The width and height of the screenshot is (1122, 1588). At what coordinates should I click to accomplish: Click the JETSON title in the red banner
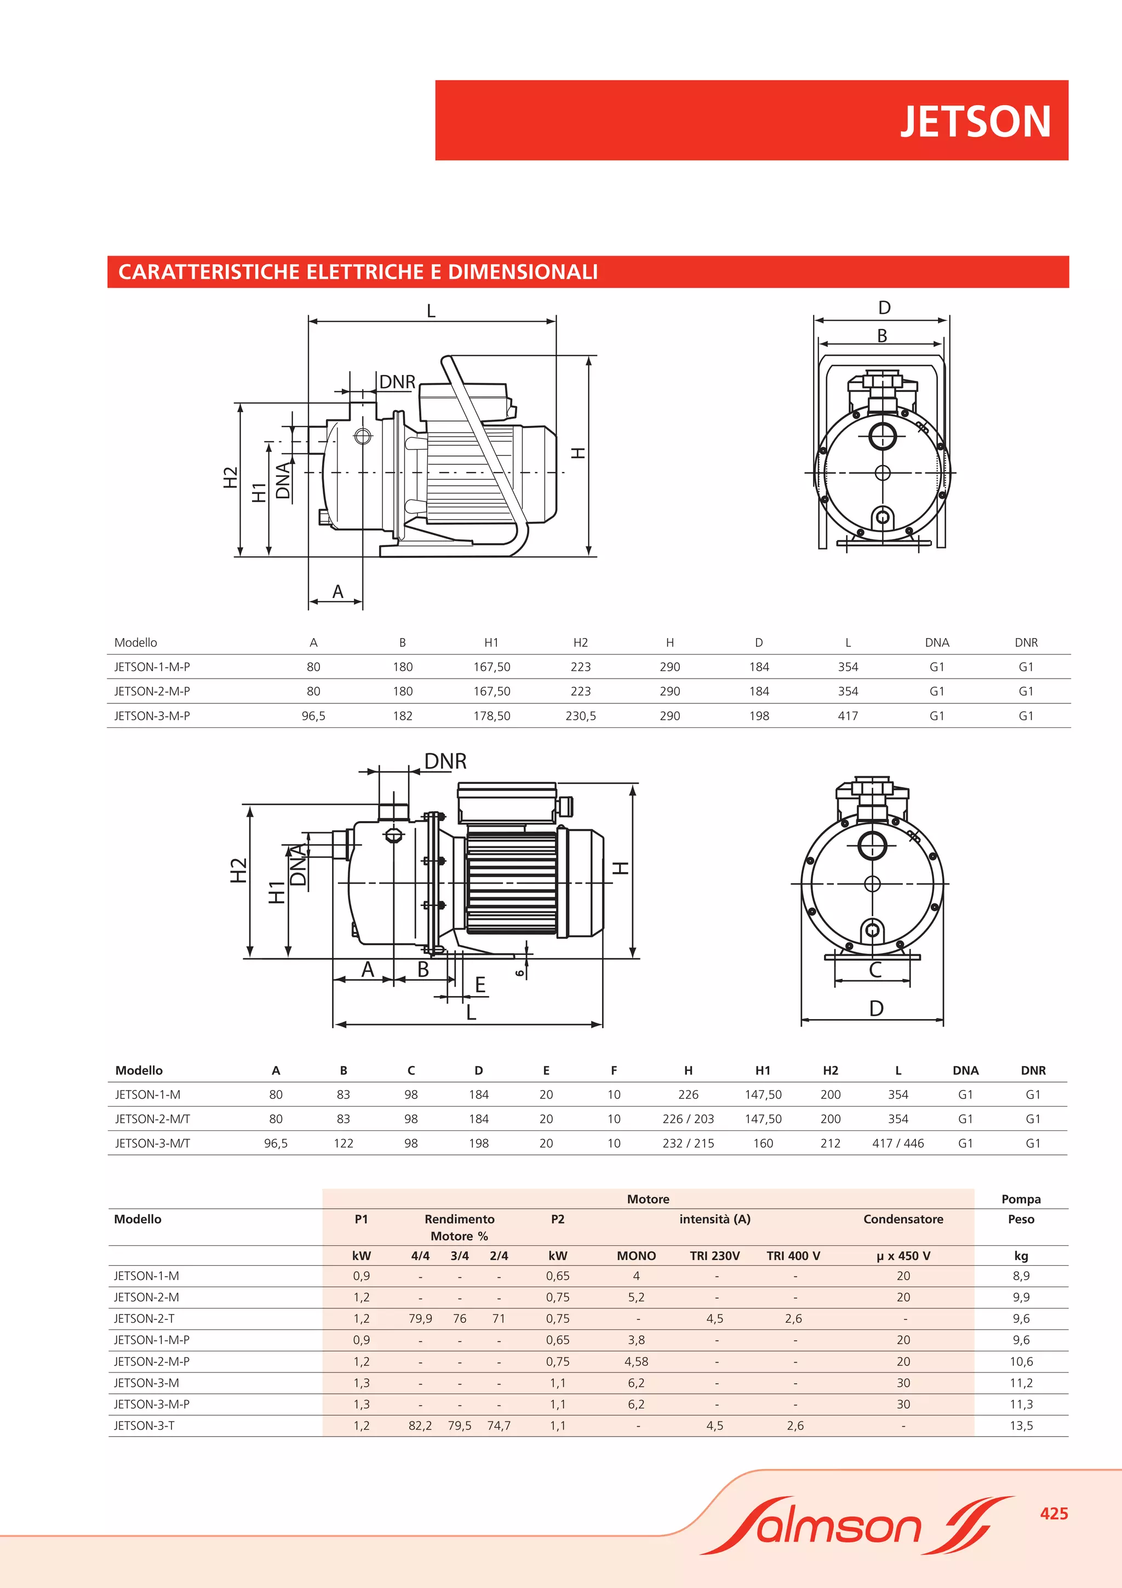[975, 122]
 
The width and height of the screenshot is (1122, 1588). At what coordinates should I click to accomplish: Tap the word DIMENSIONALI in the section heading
[523, 272]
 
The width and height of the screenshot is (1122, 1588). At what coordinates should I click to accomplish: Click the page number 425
[1054, 1513]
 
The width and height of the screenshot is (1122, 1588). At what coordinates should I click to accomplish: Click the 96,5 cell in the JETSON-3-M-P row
[313, 716]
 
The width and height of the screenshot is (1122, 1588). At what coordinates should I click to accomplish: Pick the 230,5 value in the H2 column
[581, 716]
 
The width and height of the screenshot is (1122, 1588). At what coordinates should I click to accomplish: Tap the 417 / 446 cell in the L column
[898, 1143]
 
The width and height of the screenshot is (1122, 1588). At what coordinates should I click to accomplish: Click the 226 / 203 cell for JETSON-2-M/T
[688, 1118]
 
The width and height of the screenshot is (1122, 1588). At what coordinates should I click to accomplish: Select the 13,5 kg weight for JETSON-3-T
[1021, 1425]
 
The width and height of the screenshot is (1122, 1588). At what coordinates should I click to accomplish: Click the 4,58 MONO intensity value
[636, 1361]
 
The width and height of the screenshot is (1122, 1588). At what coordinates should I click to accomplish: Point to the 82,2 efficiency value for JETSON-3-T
[420, 1425]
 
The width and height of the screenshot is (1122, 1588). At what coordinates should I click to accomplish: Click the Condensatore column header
[903, 1219]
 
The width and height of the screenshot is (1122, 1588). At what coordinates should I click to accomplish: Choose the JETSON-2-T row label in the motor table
[145, 1318]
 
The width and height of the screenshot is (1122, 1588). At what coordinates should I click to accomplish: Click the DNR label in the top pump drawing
[398, 382]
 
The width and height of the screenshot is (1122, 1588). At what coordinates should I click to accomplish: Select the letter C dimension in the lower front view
[875, 970]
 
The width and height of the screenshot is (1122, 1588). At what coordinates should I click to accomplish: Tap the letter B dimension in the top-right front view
[882, 335]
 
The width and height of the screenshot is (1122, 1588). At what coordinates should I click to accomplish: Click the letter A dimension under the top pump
[337, 591]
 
